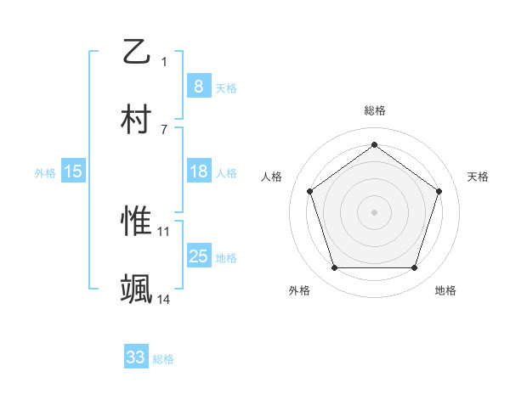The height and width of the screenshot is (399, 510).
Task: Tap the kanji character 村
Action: click(137, 120)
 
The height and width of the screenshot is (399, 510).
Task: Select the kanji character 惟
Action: click(137, 222)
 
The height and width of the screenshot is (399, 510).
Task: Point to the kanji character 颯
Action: click(137, 289)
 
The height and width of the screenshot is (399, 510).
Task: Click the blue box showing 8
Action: click(198, 86)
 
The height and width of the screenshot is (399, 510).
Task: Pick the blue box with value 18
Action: click(198, 171)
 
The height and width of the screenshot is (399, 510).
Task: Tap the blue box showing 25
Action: click(198, 256)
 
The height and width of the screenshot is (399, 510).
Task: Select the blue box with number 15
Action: click(73, 171)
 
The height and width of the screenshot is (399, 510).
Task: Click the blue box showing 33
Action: click(136, 357)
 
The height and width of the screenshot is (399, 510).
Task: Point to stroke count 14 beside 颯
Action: click(164, 299)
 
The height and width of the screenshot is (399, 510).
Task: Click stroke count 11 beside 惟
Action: click(164, 231)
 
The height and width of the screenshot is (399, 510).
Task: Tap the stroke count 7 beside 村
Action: click(164, 129)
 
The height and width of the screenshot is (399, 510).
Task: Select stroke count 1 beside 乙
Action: click(164, 61)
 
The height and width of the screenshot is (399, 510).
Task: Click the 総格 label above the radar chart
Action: click(375, 110)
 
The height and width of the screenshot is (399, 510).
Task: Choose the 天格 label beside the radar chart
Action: click(478, 177)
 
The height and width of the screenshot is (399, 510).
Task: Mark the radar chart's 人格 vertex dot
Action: click(309, 191)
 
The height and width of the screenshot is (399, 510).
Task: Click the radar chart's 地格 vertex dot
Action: click(414, 268)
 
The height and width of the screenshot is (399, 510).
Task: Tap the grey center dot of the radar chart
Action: click(374, 211)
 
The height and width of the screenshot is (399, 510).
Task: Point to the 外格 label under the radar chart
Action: click(299, 290)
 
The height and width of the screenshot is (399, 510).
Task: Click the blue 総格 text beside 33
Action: click(163, 359)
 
